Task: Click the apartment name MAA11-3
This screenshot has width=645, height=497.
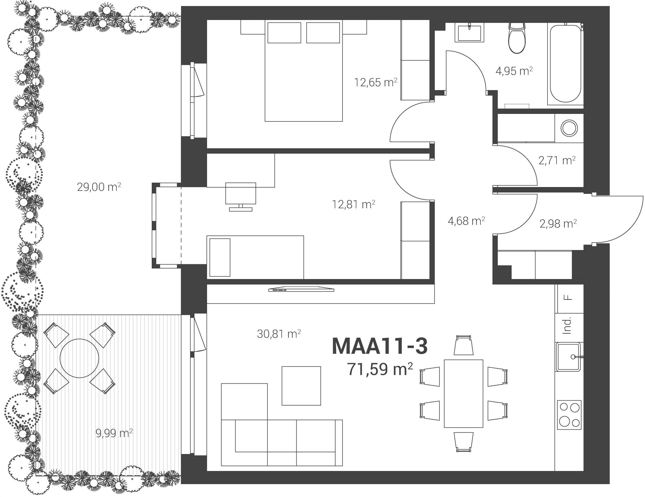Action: [x=380, y=346]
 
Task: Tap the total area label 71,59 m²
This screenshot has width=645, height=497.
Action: [x=380, y=369]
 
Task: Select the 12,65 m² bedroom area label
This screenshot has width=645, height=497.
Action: [x=376, y=82]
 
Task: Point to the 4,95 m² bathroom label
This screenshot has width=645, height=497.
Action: [x=514, y=71]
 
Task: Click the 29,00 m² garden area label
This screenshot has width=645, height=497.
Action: [x=99, y=187]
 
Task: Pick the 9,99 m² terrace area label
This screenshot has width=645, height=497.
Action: [x=114, y=433]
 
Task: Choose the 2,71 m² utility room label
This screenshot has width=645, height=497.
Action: [x=557, y=160]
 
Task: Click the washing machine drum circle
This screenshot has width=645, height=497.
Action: [x=569, y=128]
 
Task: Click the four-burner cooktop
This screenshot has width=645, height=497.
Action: [x=569, y=415]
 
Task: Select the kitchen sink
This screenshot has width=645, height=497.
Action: [x=569, y=357]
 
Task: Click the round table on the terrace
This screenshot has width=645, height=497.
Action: [x=79, y=358]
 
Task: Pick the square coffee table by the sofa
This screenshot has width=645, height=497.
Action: [x=301, y=386]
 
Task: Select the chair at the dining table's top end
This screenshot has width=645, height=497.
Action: [x=463, y=345]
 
